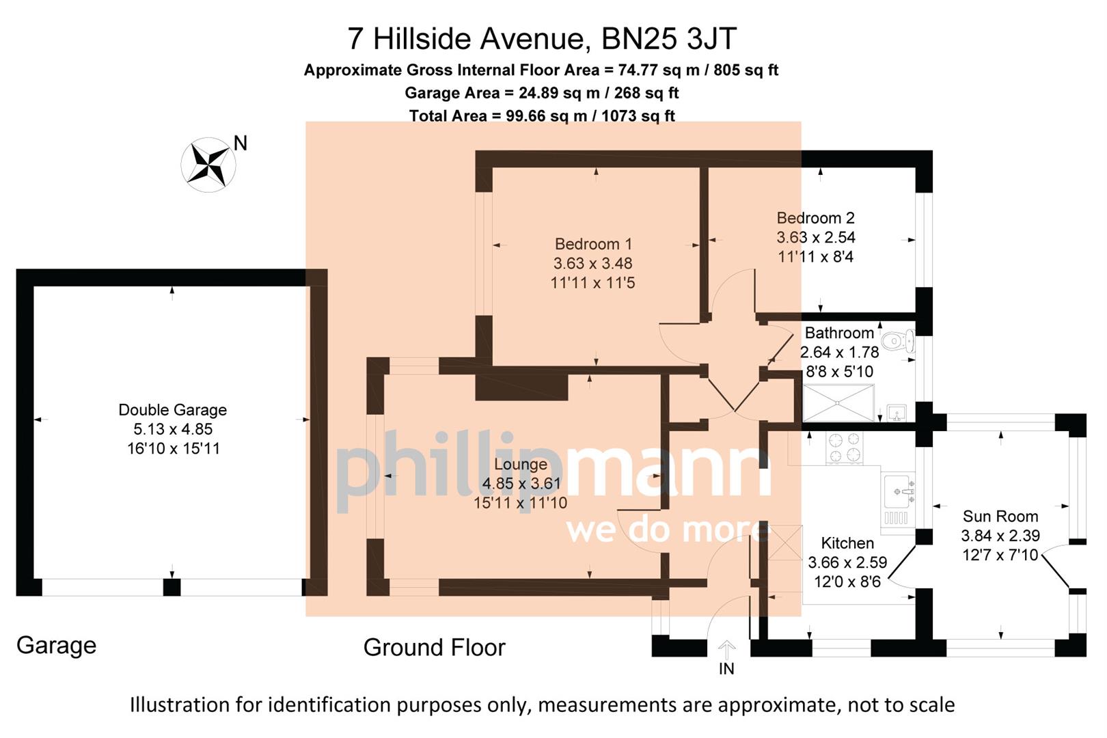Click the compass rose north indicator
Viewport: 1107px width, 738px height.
tap(208, 165)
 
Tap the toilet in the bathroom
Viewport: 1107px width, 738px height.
tap(897, 340)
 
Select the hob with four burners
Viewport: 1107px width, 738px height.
tap(845, 448)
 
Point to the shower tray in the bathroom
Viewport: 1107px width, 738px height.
tap(838, 403)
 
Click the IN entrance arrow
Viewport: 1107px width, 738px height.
tap(726, 648)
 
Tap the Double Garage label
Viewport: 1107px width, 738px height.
tap(172, 410)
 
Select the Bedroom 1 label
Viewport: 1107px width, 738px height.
tap(593, 244)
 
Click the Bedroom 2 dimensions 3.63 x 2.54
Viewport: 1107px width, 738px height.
tap(815, 237)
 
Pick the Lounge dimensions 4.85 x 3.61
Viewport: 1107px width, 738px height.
tap(521, 483)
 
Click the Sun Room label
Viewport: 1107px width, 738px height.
tap(1000, 517)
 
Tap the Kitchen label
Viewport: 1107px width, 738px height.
tap(847, 543)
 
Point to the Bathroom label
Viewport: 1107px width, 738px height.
tap(838, 333)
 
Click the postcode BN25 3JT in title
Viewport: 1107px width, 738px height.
tap(668, 39)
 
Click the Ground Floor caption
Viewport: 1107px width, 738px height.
tap(434, 647)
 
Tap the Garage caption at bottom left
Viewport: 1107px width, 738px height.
tap(56, 645)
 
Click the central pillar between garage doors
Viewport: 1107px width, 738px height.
tap(172, 587)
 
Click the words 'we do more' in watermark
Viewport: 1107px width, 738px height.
tap(668, 530)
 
